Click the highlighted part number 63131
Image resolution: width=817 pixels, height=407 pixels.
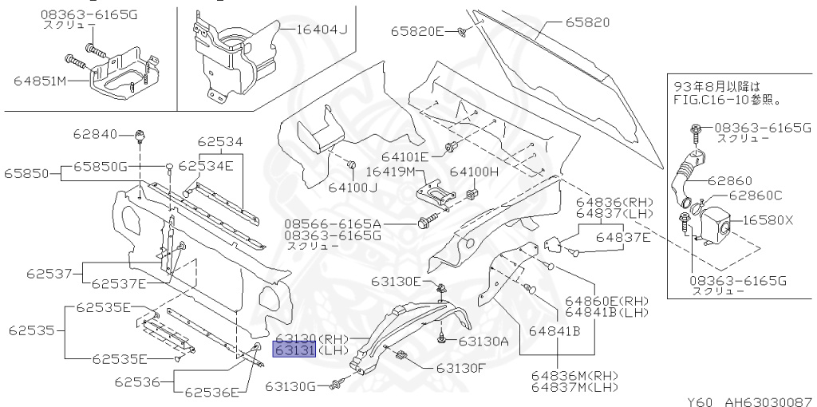295,350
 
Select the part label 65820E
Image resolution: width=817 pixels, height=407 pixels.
416,31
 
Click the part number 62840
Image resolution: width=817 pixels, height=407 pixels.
95,134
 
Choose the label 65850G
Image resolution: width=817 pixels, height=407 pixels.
101,166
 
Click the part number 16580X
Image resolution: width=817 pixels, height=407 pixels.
769,220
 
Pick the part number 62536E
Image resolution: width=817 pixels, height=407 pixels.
211,392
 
